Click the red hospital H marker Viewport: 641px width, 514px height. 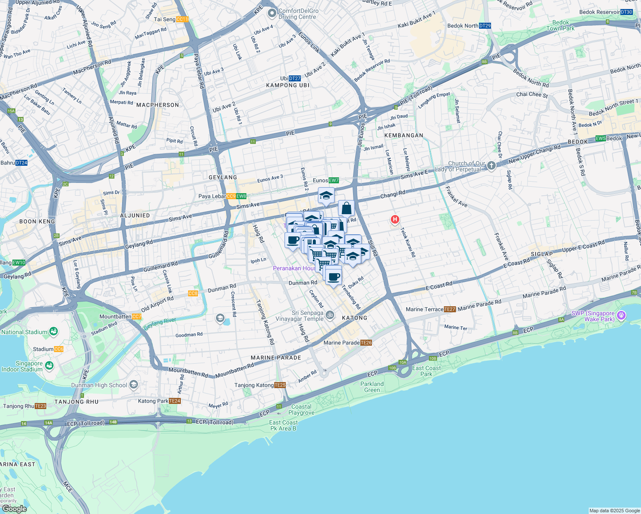(395, 219)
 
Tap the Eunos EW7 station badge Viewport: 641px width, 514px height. (334, 180)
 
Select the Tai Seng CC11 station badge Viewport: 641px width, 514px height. (182, 19)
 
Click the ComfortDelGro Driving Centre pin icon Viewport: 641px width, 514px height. (272, 14)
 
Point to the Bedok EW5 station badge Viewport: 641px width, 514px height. (601, 138)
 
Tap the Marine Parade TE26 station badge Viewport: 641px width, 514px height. (366, 343)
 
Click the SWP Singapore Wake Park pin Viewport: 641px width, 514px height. (621, 316)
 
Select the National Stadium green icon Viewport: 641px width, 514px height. (53, 332)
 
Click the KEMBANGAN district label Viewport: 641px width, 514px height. (404, 135)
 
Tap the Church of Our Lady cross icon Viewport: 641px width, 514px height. (491, 165)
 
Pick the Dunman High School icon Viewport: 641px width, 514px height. (134, 385)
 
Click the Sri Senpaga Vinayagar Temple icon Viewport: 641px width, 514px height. (329, 315)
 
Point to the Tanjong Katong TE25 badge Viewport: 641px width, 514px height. (280, 385)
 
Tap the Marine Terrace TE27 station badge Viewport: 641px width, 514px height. (450, 309)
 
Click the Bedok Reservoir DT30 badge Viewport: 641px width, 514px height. (626, 12)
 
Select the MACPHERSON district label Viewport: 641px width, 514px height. (158, 105)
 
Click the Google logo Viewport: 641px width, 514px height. (14, 509)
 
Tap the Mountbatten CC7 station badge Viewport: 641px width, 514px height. (137, 317)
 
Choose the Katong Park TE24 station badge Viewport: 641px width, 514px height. (175, 401)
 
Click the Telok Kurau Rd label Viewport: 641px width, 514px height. (408, 242)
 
